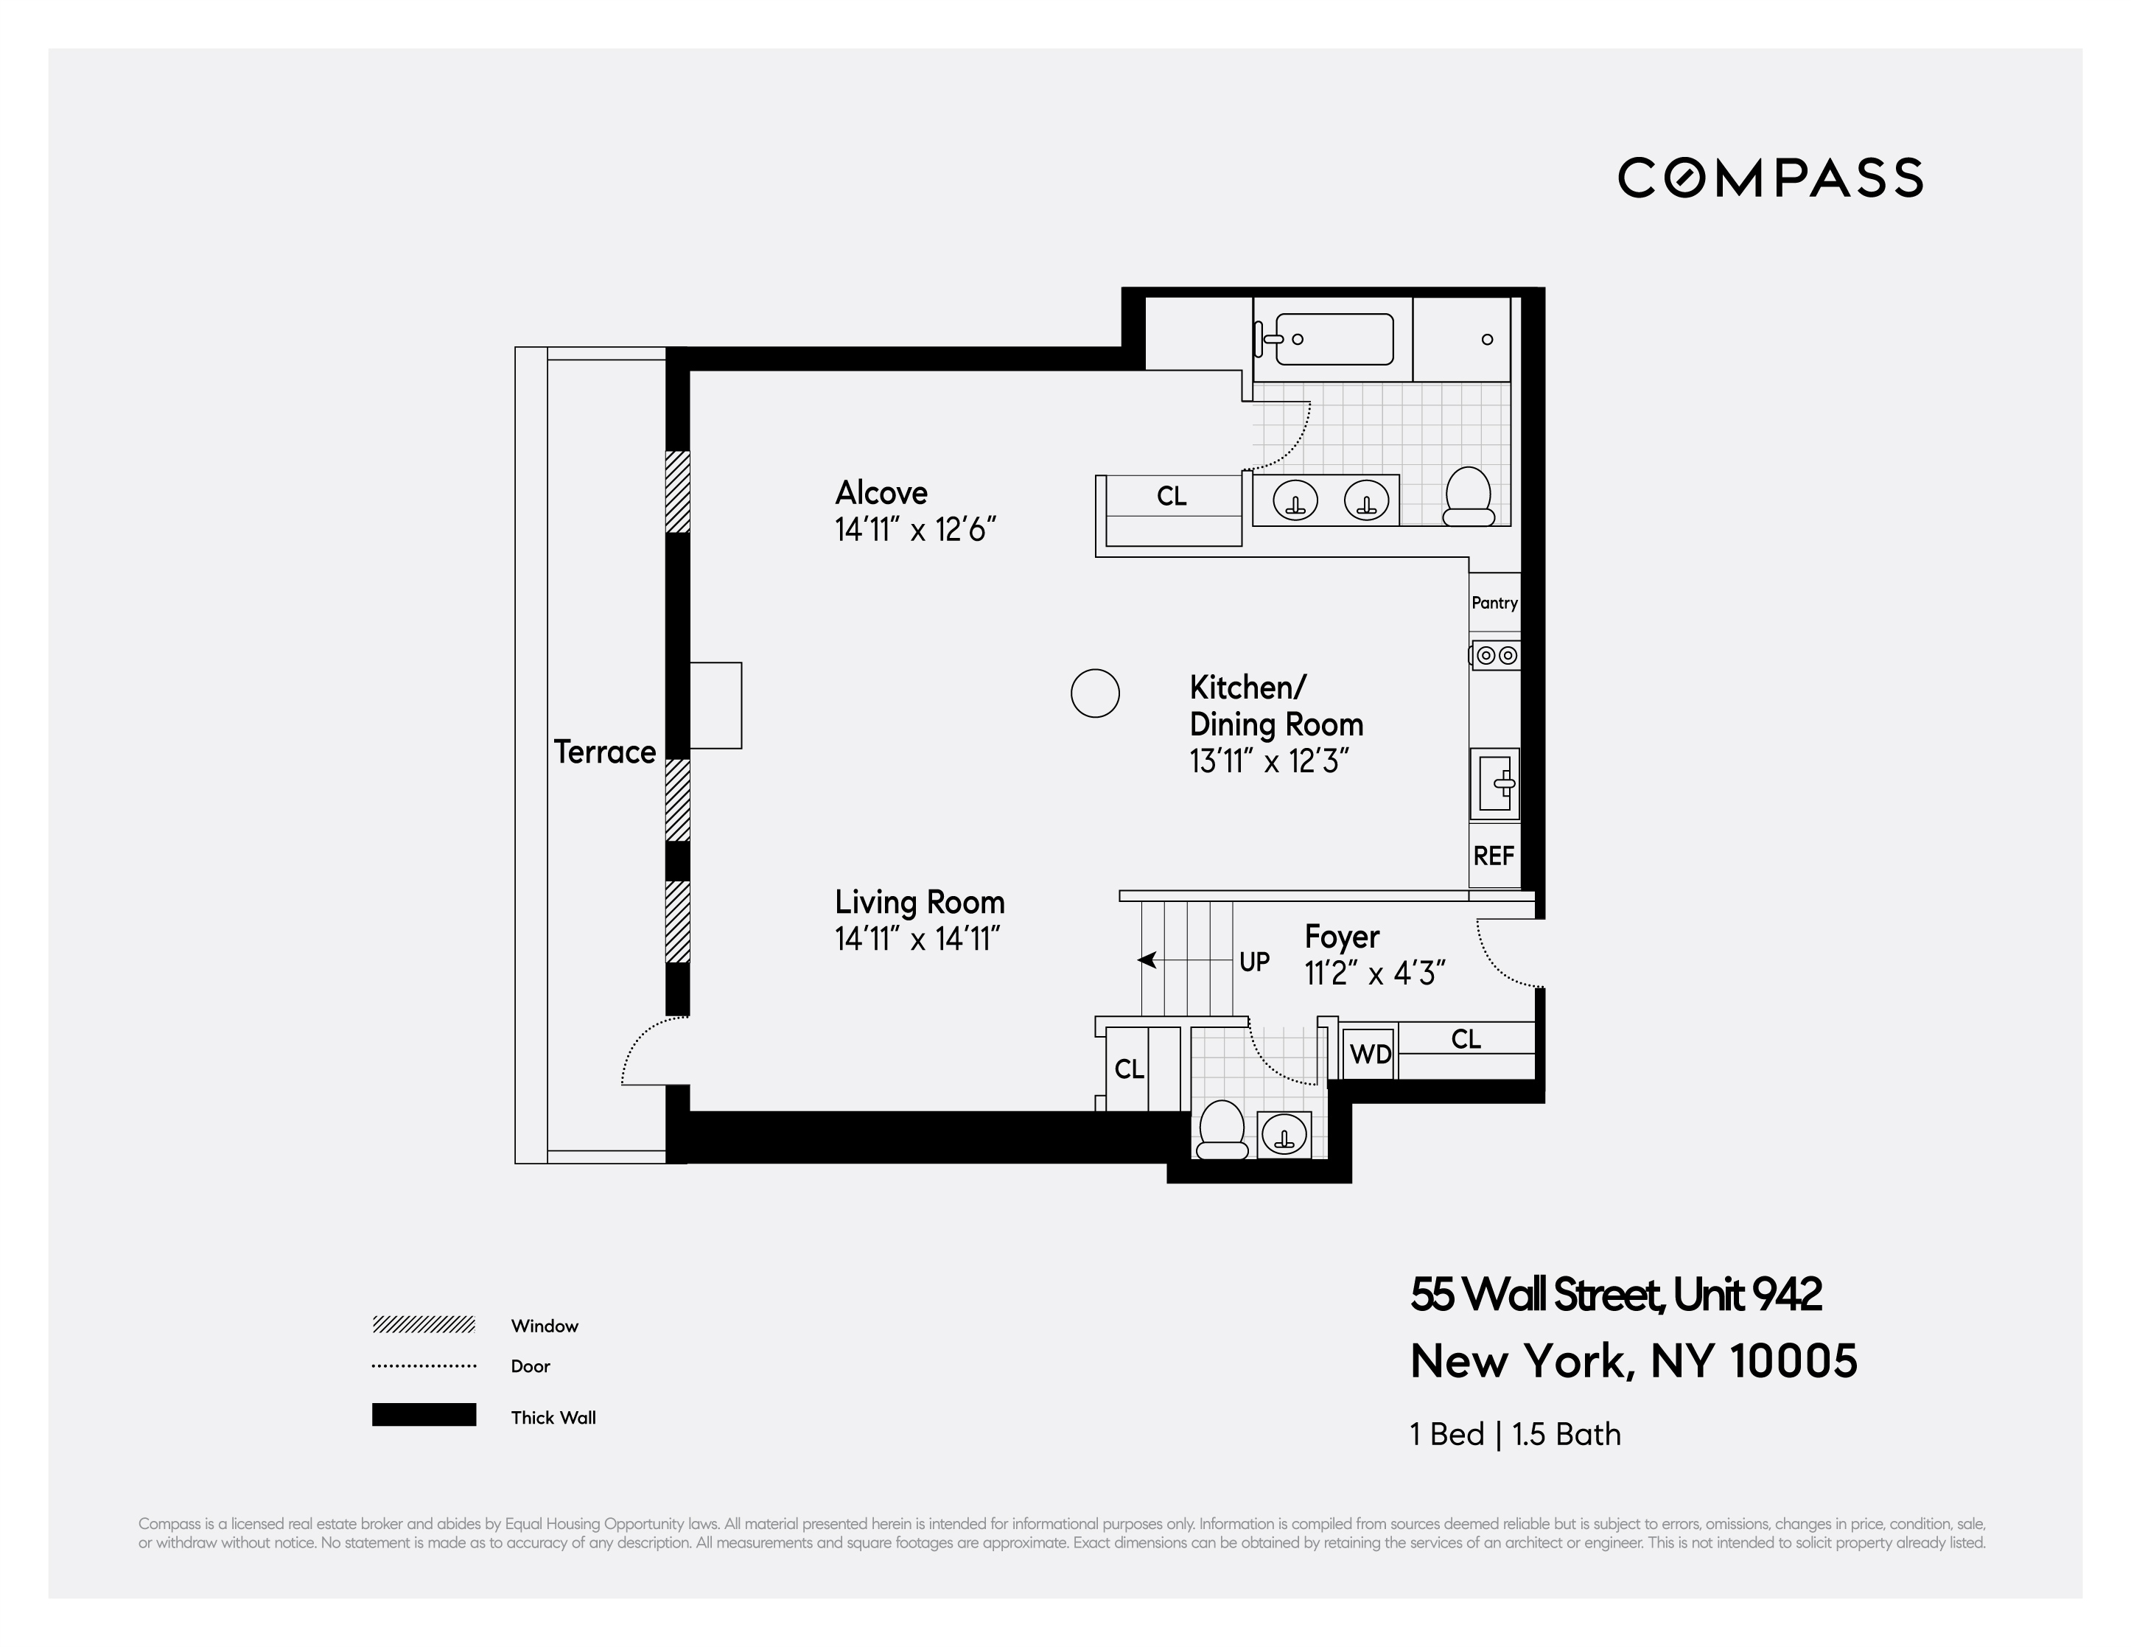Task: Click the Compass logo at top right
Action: [x=1770, y=178]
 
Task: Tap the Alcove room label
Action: [x=881, y=493]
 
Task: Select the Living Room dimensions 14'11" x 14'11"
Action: [x=917, y=940]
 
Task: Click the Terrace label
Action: [x=604, y=752]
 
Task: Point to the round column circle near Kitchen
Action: [x=1095, y=693]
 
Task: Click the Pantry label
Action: [x=1494, y=603]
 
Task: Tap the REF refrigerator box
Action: [x=1494, y=856]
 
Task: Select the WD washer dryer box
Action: [x=1370, y=1055]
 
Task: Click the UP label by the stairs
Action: [x=1254, y=962]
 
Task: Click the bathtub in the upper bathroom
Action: [x=1333, y=340]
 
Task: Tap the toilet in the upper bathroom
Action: [x=1468, y=497]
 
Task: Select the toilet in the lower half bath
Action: [x=1222, y=1130]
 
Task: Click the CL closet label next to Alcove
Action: [x=1172, y=497]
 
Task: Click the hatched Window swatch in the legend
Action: [x=424, y=1325]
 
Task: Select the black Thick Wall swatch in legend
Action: [x=424, y=1415]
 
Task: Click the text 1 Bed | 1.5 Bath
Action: [x=1514, y=1434]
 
